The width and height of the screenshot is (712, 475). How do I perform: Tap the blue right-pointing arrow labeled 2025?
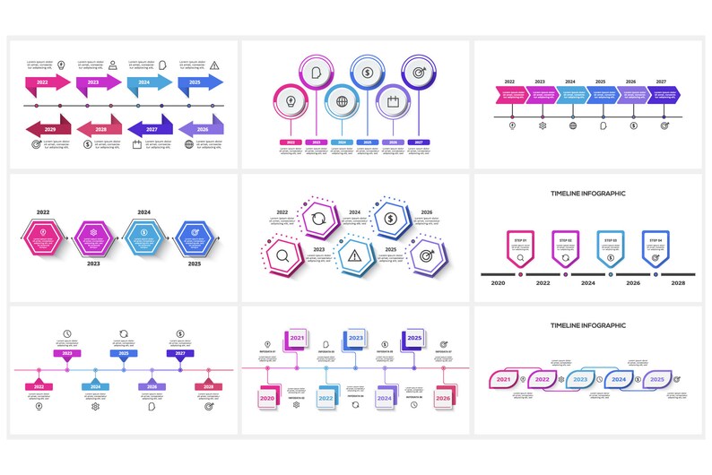199,82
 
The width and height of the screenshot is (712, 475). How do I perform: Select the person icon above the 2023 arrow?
113,65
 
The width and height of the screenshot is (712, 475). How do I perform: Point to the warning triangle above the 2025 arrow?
214,65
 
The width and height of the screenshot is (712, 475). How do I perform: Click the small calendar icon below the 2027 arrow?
137,143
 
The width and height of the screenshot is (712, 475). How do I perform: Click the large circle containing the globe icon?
342,100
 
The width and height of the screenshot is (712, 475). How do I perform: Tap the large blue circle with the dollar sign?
367,72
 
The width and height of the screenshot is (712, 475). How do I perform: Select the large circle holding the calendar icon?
392,100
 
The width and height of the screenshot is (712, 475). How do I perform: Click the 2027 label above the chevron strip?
661,82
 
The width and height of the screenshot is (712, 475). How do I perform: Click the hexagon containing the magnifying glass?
282,256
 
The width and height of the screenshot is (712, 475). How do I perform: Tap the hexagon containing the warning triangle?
354,256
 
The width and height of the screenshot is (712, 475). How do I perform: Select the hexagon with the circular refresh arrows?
318,218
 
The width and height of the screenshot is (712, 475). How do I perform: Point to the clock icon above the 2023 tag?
67,334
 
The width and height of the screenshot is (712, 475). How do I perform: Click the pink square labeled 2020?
267,397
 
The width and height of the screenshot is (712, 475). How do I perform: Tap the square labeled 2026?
443,397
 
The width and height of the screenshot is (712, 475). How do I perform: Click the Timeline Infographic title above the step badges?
587,194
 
